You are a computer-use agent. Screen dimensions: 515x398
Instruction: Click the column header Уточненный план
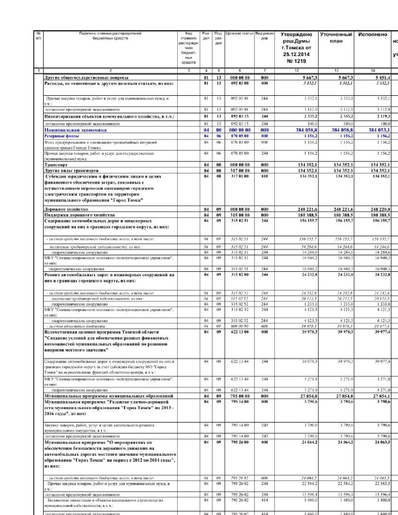tap(336, 38)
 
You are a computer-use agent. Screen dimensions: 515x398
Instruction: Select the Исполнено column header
tap(372, 35)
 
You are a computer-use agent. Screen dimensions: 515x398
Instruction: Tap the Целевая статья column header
tap(239, 33)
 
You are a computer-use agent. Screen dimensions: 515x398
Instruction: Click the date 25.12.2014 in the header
tap(296, 54)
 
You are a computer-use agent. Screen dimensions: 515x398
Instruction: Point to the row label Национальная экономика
tap(75, 130)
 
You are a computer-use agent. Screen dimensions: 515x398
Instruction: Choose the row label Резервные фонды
tap(61, 136)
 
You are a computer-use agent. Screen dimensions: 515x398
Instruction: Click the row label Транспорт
tap(56, 165)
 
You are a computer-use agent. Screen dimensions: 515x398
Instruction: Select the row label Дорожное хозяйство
tap(66, 209)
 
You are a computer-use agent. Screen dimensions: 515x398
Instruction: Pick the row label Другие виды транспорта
tap(71, 171)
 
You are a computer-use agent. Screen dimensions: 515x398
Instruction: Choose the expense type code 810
tap(264, 176)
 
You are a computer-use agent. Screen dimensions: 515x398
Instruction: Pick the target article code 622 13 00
tap(240, 332)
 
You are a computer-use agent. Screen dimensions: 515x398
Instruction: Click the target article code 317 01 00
tap(240, 176)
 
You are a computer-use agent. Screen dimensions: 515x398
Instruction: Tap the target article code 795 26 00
tap(240, 442)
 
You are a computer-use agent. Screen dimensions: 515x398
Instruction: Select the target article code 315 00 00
tap(240, 215)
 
